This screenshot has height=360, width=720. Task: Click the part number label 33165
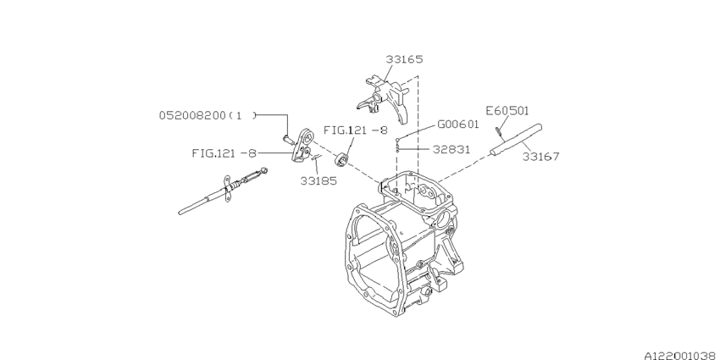pyautogui.click(x=404, y=59)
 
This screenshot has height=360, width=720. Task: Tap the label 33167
pyautogui.click(x=541, y=157)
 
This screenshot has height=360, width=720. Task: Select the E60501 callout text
pyautogui.click(x=507, y=111)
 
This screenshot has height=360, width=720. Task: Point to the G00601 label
pyautogui.click(x=457, y=124)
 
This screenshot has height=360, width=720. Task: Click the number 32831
pyautogui.click(x=451, y=149)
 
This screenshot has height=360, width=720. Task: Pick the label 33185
pyautogui.click(x=318, y=181)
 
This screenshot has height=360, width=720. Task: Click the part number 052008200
pyautogui.click(x=193, y=115)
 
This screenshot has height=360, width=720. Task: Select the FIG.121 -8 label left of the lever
pyautogui.click(x=224, y=153)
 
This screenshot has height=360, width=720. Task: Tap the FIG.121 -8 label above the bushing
pyautogui.click(x=356, y=130)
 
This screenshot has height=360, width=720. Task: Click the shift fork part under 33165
pyautogui.click(x=382, y=99)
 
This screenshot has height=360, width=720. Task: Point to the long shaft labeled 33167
pyautogui.click(x=516, y=140)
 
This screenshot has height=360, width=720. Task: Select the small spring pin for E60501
pyautogui.click(x=499, y=132)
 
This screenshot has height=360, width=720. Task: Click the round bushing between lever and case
pyautogui.click(x=342, y=160)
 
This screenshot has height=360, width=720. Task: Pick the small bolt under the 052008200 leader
pyautogui.click(x=288, y=140)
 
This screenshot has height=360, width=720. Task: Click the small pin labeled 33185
pyautogui.click(x=317, y=158)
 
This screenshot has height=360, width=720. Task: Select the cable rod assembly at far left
pyautogui.click(x=223, y=192)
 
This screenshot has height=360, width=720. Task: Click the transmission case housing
pyautogui.click(x=402, y=244)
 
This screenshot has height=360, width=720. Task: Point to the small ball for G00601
pyautogui.click(x=397, y=138)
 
